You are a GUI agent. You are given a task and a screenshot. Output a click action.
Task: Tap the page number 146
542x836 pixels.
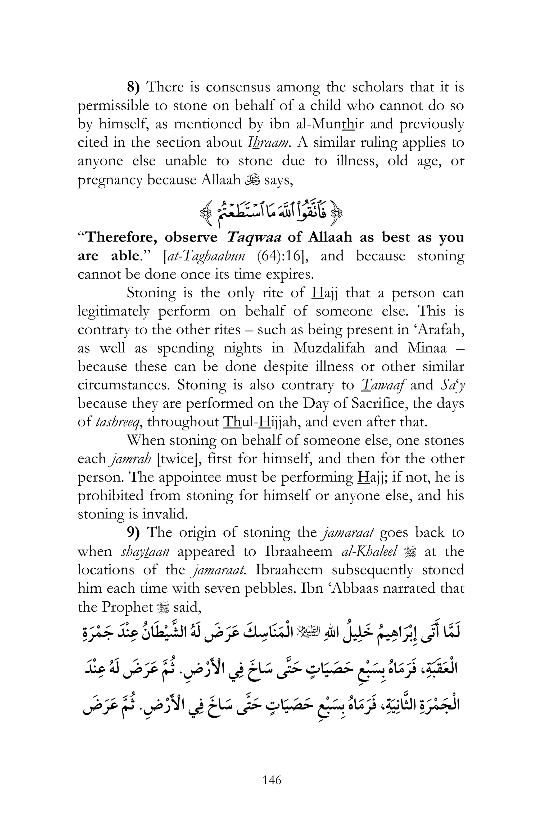point(272,790)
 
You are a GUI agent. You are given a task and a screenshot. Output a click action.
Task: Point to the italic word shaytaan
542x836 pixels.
point(145,551)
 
